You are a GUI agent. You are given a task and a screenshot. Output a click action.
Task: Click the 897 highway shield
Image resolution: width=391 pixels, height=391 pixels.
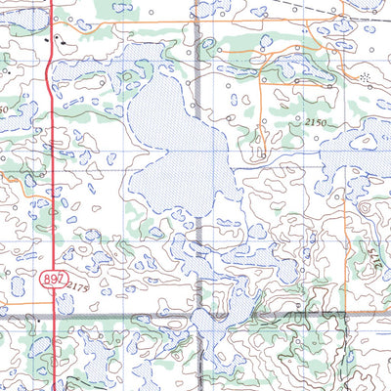[x=53, y=280]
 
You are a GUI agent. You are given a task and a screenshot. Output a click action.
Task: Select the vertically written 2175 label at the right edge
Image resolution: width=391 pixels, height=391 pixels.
[x=374, y=256]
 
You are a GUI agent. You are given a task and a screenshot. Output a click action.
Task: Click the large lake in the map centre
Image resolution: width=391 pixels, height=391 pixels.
[x=176, y=147]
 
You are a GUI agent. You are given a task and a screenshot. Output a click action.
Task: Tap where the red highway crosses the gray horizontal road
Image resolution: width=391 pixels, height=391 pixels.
[x=51, y=316]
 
